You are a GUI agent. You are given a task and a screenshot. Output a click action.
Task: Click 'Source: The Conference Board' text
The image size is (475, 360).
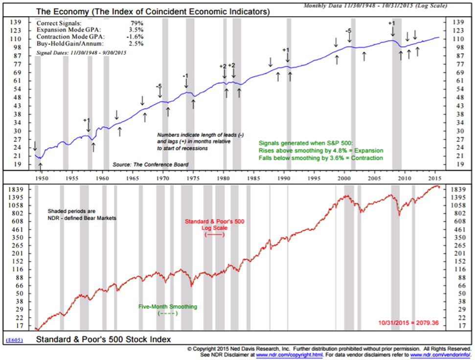(x=150, y=165)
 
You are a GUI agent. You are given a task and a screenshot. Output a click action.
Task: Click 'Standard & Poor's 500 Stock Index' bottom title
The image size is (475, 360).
(x=104, y=339)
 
